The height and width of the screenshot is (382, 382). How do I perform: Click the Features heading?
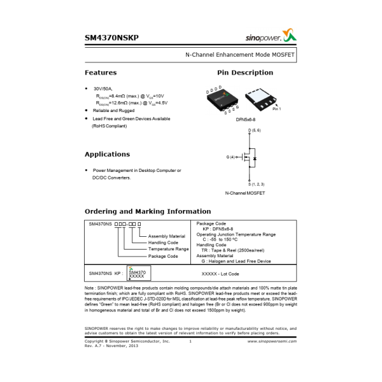(101, 73)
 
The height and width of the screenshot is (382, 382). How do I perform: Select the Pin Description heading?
(245, 73)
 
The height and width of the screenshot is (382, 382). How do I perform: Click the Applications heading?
(107, 154)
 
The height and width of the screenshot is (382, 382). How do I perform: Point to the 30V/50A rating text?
(103, 89)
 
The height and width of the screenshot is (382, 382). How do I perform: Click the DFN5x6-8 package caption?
(245, 119)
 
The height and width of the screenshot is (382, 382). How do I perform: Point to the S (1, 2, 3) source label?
(255, 184)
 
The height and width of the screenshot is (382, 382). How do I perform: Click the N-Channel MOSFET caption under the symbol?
(245, 193)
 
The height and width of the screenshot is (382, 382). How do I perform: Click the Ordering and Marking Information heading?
(148, 211)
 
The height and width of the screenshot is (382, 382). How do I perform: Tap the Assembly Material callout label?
(166, 236)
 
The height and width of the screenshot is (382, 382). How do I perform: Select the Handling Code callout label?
(163, 243)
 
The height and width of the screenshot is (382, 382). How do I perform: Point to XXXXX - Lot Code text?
(220, 274)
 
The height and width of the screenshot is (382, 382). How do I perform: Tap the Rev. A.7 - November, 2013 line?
(112, 346)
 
